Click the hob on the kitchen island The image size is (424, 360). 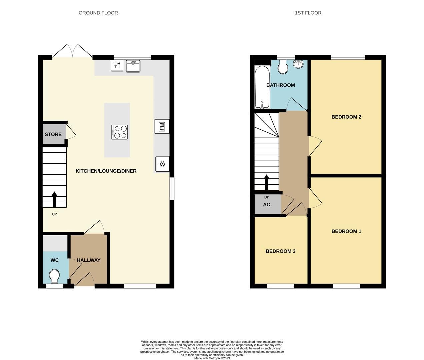pyautogui.click(x=120, y=132)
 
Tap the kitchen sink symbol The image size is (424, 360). pyautogui.click(x=133, y=66)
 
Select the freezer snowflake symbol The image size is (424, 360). pyautogui.click(x=162, y=164)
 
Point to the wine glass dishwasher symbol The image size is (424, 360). pyautogui.click(x=117, y=65)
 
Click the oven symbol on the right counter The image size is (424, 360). pyautogui.click(x=162, y=126)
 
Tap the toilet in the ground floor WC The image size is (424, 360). pyautogui.click(x=54, y=276)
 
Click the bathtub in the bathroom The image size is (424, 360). pyautogui.click(x=262, y=87)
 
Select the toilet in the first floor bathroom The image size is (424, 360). pyautogui.click(x=283, y=67)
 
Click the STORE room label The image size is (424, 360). pyautogui.click(x=53, y=134)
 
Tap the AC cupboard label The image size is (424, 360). pyautogui.click(x=267, y=205)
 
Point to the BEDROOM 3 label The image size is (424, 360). pyautogui.click(x=280, y=251)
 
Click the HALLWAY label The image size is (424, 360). pyautogui.click(x=89, y=260)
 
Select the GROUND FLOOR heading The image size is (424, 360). pyautogui.click(x=98, y=13)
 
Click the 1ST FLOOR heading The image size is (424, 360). pyautogui.click(x=308, y=13)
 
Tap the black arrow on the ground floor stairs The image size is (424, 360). pyautogui.click(x=54, y=199)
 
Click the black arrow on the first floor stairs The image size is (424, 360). pyautogui.click(x=267, y=182)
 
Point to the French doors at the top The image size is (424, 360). pyautogui.click(x=73, y=51)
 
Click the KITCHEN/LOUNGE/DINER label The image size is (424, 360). pyautogui.click(x=106, y=171)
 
